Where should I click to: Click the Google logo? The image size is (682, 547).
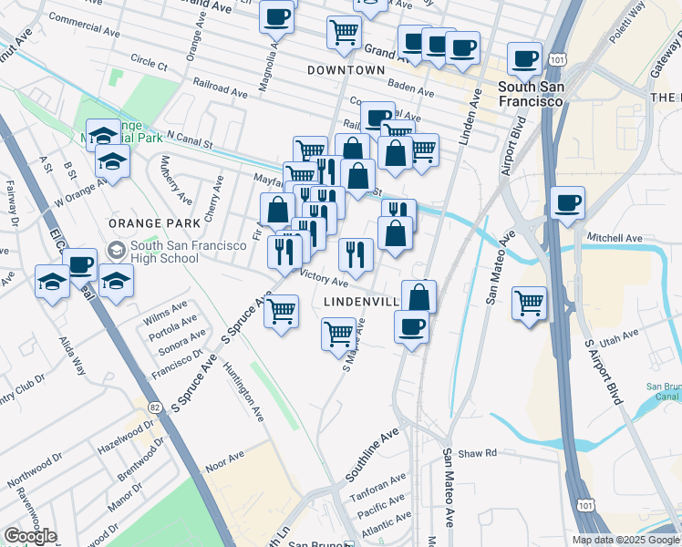pos(30,536)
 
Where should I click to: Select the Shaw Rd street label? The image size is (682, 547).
pos(478,451)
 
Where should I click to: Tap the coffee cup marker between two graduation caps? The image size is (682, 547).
pos(80,264)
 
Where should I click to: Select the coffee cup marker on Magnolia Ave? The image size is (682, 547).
pos(277,15)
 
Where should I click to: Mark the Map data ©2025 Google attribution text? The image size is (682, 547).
pos(625,540)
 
